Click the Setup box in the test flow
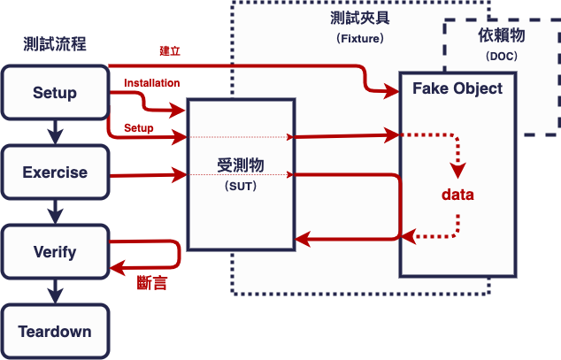(x=55, y=93)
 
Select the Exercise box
(x=55, y=172)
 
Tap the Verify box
(x=55, y=252)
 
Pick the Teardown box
(x=55, y=332)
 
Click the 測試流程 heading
(x=56, y=44)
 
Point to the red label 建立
(x=170, y=51)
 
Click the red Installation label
(x=152, y=83)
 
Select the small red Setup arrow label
(x=139, y=128)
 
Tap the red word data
(x=458, y=195)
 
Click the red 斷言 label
(x=152, y=283)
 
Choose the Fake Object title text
(x=457, y=88)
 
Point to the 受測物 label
(x=241, y=166)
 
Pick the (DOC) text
(x=503, y=56)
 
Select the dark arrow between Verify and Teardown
(x=56, y=292)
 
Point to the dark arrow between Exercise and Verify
(x=56, y=212)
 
